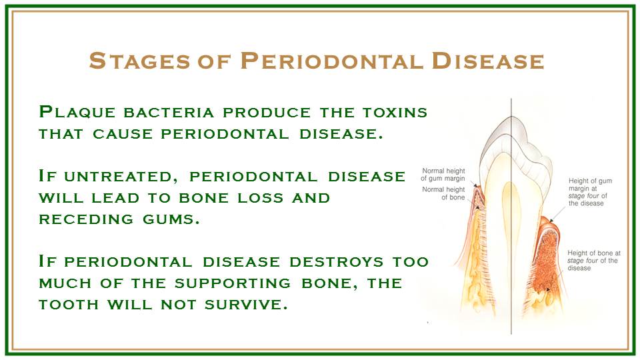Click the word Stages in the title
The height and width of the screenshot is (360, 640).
139,61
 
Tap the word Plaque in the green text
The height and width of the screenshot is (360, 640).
77,112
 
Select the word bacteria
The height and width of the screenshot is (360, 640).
169,113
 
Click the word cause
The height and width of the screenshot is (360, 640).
123,134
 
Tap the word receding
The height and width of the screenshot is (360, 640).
86,219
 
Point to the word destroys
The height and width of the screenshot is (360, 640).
336,262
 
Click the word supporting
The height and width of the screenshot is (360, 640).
233,284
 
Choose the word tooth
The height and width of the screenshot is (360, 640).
69,305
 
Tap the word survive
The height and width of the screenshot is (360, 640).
246,305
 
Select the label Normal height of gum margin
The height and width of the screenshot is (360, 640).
443,175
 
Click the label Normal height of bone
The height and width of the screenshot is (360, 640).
444,193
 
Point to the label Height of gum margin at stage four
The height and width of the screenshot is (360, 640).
590,192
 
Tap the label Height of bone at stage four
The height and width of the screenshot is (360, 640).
594,261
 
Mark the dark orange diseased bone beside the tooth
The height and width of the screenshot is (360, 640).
546,261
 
